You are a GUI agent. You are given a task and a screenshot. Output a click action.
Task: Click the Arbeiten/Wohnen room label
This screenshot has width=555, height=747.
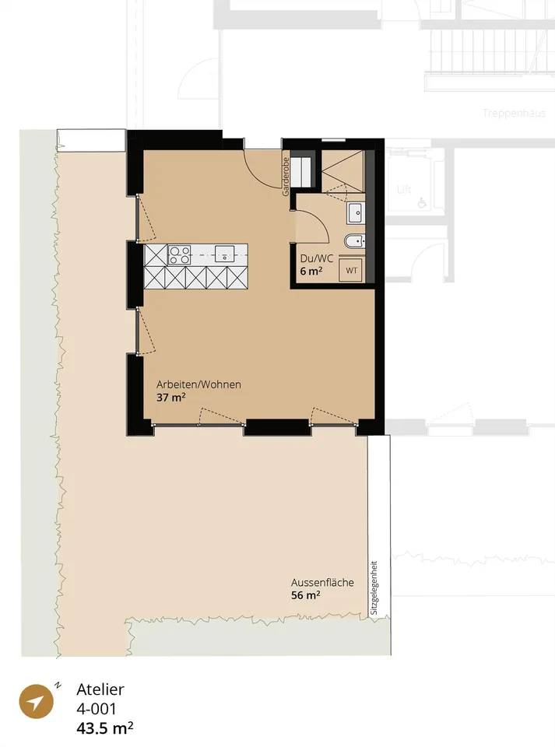click(x=198, y=384)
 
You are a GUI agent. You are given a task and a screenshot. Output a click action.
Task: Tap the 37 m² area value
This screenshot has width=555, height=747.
click(x=171, y=397)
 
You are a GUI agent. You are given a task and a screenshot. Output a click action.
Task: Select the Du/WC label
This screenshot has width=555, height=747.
click(x=316, y=259)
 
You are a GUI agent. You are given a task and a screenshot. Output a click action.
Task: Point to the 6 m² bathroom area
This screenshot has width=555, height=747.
click(x=311, y=271)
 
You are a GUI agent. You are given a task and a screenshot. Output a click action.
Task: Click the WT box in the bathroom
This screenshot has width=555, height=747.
click(x=352, y=271)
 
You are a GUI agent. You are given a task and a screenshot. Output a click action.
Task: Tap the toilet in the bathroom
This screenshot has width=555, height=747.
click(x=354, y=241)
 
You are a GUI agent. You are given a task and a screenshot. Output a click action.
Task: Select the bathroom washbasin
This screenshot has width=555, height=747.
click(x=356, y=213)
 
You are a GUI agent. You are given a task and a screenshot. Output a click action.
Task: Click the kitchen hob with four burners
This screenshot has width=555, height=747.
click(x=180, y=254)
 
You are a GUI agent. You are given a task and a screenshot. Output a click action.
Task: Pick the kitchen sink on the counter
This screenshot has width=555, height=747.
click(x=224, y=254)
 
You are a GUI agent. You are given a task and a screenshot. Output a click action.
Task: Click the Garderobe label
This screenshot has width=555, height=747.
click(x=286, y=177)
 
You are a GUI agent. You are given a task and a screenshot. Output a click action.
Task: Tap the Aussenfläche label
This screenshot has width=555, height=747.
click(x=322, y=583)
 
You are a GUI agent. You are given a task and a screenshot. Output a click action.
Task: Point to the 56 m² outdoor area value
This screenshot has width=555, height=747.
click(x=305, y=595)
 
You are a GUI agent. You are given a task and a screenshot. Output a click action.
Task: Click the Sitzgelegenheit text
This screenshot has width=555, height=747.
click(x=374, y=587)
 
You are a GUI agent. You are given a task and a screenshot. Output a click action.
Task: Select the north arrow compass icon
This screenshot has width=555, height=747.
click(x=36, y=701)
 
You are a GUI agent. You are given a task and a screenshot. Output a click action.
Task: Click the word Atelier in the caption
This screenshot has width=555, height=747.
click(x=100, y=689)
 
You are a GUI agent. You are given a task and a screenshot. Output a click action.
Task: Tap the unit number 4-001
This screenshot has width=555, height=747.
click(x=97, y=709)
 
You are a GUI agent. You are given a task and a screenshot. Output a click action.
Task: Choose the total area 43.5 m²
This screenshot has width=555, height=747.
click(x=105, y=728)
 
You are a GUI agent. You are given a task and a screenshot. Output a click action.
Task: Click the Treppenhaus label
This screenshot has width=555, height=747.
click(x=514, y=114)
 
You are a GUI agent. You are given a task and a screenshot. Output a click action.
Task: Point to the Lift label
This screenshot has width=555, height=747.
click(x=404, y=190)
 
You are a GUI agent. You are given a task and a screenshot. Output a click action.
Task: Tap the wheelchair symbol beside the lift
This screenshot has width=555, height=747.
click(x=422, y=203)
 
